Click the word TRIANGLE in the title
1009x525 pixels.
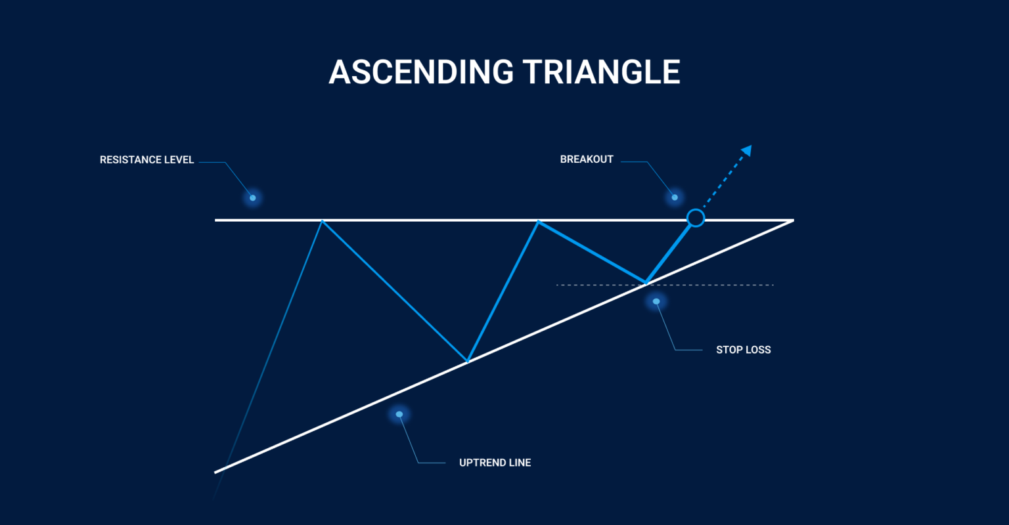[x=598, y=72]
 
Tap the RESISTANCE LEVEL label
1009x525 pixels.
[x=146, y=160]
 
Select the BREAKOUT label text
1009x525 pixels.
[x=587, y=159]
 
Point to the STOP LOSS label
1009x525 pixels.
[x=743, y=350]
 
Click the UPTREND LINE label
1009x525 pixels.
[x=495, y=463]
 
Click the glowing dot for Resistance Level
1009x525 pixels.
[x=252, y=198]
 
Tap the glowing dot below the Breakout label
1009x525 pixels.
[x=674, y=197]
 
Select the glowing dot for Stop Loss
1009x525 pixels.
[x=656, y=301]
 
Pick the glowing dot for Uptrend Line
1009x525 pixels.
[x=399, y=414]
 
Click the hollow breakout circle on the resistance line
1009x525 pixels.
[x=695, y=218]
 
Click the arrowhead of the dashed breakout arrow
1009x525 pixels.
[x=746, y=151]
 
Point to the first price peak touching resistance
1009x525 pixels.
[x=322, y=221]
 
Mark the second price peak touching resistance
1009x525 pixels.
[x=538, y=222]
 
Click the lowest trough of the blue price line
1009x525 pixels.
[x=467, y=361]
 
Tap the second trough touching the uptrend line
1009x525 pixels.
[x=646, y=283]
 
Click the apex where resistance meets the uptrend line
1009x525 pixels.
[x=792, y=220]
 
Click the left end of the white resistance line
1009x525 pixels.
[x=217, y=220]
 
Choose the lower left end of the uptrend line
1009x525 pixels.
[x=217, y=471]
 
